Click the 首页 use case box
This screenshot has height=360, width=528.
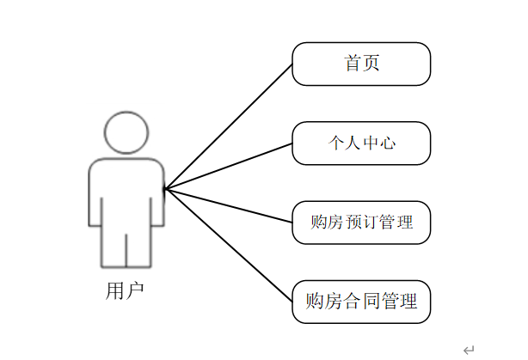tap(361, 64)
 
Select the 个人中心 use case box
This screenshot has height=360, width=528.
tap(361, 143)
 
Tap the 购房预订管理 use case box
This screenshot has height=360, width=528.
tap(361, 223)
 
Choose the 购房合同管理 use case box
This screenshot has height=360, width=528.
tap(361, 302)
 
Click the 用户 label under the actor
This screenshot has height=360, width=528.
tap(125, 291)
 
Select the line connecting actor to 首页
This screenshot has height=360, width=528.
tap(229, 126)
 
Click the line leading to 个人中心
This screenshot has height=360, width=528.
tap(229, 166)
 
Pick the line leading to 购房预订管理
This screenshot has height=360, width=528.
tap(229, 205)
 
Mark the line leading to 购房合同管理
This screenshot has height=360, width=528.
tap(229, 245)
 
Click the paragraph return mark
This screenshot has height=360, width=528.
tap(468, 350)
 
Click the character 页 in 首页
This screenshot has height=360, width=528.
tap(371, 64)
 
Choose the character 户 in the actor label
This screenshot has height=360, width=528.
tap(134, 291)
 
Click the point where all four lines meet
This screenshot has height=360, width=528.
tap(166, 188)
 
